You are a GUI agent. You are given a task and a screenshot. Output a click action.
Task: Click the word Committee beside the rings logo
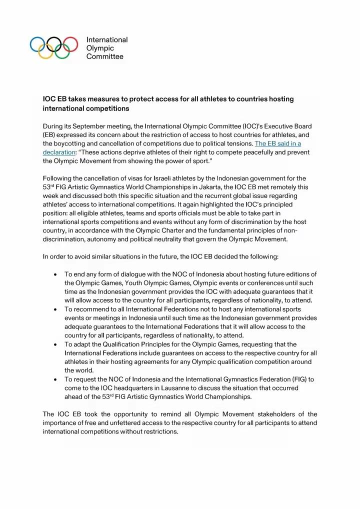coord(105,56)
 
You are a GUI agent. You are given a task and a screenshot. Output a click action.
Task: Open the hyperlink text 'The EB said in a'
coord(277,143)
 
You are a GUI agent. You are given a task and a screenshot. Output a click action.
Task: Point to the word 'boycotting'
coord(72,143)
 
